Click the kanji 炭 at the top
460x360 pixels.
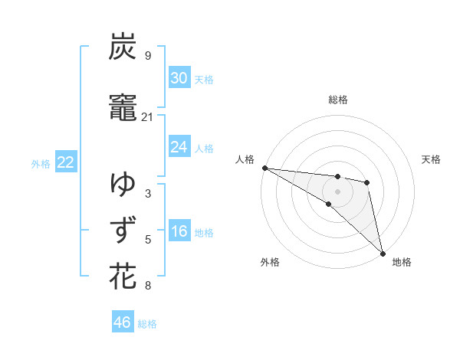(x=123, y=47)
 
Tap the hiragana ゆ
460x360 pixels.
(x=123, y=184)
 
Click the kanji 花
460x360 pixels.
(x=123, y=277)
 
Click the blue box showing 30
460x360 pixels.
(x=179, y=77)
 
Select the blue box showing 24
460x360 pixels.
(x=179, y=147)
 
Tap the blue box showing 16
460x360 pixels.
(x=179, y=232)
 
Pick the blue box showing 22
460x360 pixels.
(x=66, y=162)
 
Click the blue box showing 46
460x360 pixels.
(x=123, y=322)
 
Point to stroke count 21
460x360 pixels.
(x=148, y=117)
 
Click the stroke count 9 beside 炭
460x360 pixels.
(x=147, y=56)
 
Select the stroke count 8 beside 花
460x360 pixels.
(x=147, y=286)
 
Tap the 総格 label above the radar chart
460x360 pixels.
(x=338, y=100)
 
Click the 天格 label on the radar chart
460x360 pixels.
(x=432, y=159)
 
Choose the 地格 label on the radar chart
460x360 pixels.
(x=402, y=262)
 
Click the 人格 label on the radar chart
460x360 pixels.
(x=245, y=159)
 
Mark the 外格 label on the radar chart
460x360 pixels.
(x=270, y=262)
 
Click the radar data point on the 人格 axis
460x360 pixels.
(x=264, y=168)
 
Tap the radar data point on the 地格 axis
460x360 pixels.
(x=383, y=252)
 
